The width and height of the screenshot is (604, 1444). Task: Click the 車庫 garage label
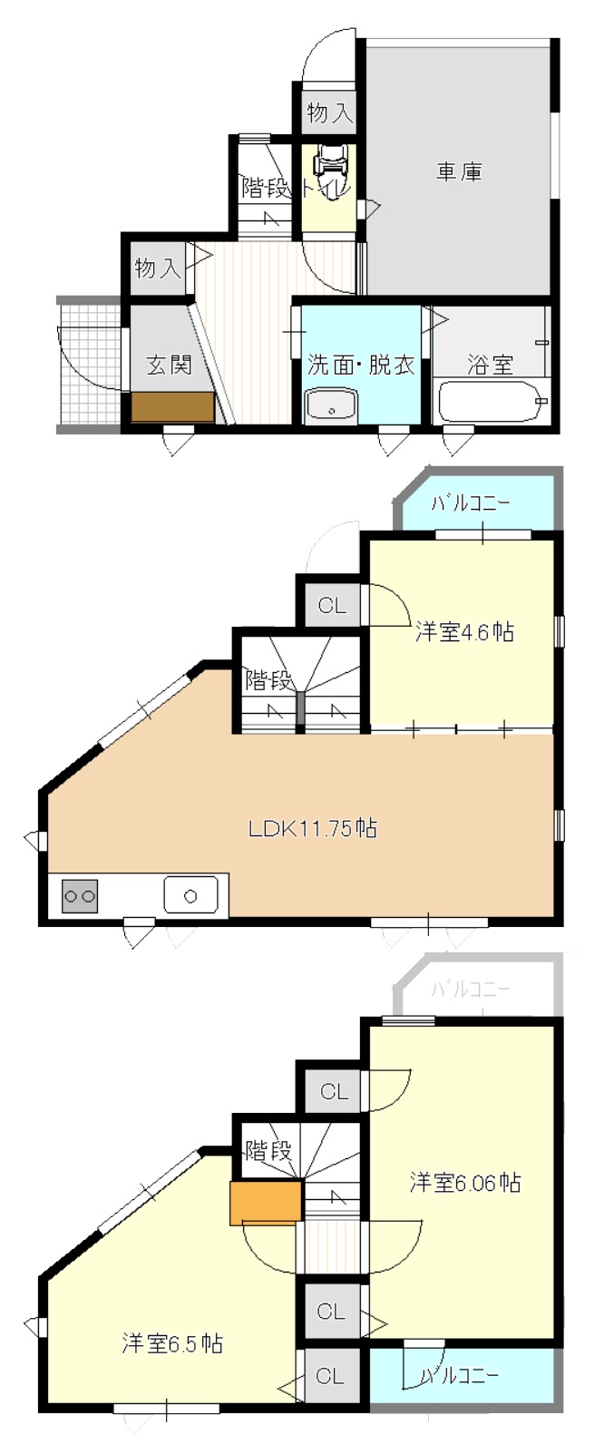click(x=459, y=172)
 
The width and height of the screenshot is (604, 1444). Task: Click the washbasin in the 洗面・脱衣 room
click(x=331, y=405)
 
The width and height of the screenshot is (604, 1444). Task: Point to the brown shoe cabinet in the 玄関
click(x=172, y=406)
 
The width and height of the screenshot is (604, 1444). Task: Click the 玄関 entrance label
click(x=170, y=365)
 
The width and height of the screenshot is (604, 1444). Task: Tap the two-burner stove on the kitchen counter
click(x=80, y=895)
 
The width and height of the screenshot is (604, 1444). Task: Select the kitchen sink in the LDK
click(x=190, y=894)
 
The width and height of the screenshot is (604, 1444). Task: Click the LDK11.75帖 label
click(x=313, y=828)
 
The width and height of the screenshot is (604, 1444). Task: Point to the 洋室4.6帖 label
click(x=464, y=631)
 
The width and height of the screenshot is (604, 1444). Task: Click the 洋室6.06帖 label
click(x=465, y=1182)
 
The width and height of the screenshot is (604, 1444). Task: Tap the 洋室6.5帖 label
click(x=172, y=1343)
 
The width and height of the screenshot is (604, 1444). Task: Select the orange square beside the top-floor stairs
click(x=266, y=1202)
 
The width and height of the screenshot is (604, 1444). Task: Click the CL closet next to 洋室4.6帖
click(x=332, y=605)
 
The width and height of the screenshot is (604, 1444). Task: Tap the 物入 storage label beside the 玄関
click(x=157, y=268)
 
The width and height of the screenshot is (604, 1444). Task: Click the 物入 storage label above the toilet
click(x=330, y=114)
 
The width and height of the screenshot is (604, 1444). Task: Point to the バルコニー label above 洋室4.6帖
click(x=471, y=502)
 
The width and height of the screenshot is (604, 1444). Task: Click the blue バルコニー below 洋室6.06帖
click(x=462, y=1375)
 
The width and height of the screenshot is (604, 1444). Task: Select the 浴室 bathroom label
click(x=490, y=365)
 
